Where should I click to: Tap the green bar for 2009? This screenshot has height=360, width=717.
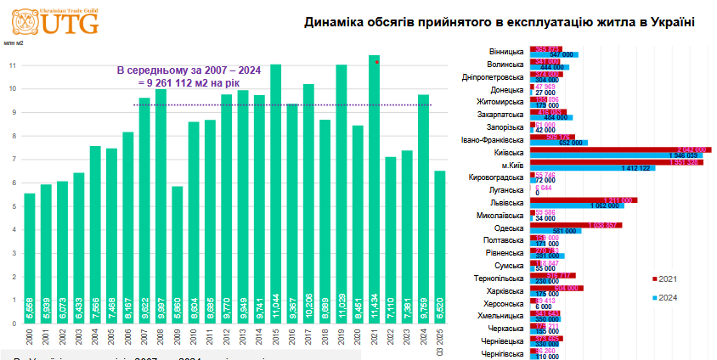pyautogui.click(x=177, y=255)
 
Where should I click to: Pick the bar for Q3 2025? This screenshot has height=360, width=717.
pyautogui.click(x=440, y=246)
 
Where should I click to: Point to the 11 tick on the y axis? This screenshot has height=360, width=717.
pyautogui.click(x=12, y=65)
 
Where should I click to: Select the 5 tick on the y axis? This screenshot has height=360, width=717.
pyautogui.click(x=12, y=206)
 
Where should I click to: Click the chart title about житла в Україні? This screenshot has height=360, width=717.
pyautogui.click(x=500, y=23)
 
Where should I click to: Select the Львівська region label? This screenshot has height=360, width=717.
pyautogui.click(x=507, y=203)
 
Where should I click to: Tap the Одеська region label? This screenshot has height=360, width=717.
pyautogui.click(x=510, y=228)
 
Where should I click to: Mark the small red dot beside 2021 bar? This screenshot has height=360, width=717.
pyautogui.click(x=376, y=63)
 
